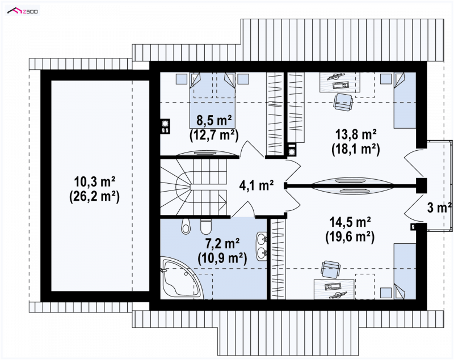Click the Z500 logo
pos(23,11)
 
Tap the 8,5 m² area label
pos(214,120)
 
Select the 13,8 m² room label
pos(356,134)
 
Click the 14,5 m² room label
pos(350,222)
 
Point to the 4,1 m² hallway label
pos(257,185)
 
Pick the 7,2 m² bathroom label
pos(222,243)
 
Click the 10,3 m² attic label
pos(95,182)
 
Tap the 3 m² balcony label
pos(439,207)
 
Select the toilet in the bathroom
pos(206,226)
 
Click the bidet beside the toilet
pos(186,226)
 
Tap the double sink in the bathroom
pos(262,245)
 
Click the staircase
pos(194,187)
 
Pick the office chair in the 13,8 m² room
pos(343,102)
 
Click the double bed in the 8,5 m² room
pos(212,100)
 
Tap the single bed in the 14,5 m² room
pos(405,271)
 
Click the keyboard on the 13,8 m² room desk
pos(341,85)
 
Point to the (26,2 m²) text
pos(94,197)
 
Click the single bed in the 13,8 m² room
pos(405,100)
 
